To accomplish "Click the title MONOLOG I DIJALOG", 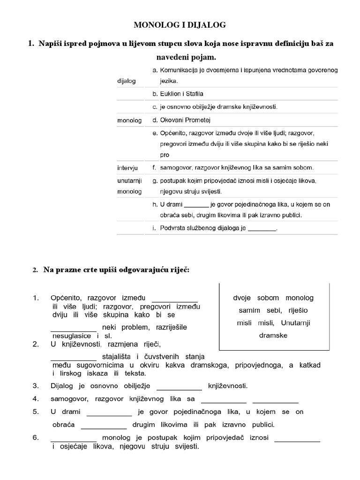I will coord(180,24).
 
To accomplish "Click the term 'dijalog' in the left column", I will coord(126,81).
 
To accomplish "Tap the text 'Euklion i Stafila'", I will coord(181,94).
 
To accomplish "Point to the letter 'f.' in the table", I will coord(155,167).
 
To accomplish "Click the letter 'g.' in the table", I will coord(155,180).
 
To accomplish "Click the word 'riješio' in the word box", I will coord(295,310).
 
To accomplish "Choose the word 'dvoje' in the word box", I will coord(242,298).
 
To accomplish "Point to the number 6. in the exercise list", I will coord(35,437).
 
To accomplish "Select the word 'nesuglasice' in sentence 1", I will coord(72,336).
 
